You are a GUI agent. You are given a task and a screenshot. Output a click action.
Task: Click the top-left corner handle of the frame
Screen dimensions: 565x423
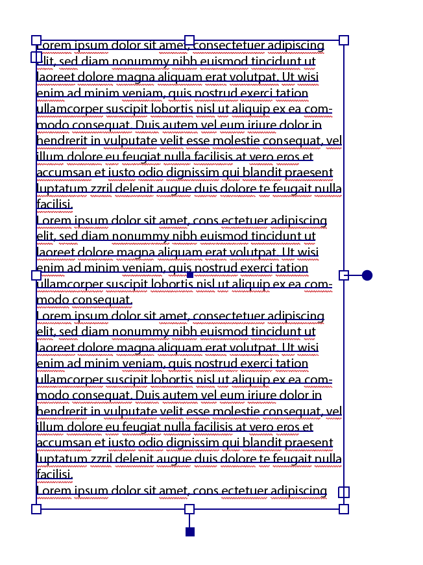point(36,40)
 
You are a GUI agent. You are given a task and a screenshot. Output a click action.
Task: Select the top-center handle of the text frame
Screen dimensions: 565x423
point(189,40)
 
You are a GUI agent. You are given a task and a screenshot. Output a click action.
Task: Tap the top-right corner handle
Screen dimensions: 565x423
point(344,40)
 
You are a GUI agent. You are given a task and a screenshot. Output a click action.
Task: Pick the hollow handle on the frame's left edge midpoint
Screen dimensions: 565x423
point(36,275)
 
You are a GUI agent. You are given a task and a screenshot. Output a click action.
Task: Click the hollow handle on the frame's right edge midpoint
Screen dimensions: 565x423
point(344,275)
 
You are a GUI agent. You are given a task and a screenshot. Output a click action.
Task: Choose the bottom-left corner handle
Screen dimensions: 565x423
point(36,509)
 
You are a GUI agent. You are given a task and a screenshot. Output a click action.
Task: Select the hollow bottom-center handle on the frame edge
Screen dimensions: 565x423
point(189,509)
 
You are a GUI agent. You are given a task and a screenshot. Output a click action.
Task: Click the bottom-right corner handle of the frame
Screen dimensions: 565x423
point(344,509)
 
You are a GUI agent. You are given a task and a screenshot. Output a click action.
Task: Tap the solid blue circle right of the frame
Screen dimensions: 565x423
point(367,275)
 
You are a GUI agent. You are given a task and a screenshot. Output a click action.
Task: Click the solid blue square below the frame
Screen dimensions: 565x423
point(190,532)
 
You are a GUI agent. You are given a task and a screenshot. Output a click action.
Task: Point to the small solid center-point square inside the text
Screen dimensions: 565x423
point(190,275)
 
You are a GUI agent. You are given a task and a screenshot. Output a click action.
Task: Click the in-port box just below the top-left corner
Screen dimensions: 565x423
point(36,57)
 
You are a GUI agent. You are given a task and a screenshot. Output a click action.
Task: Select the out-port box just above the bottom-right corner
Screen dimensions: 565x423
point(344,492)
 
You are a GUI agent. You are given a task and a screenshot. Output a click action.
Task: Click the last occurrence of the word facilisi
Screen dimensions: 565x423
point(54,475)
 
